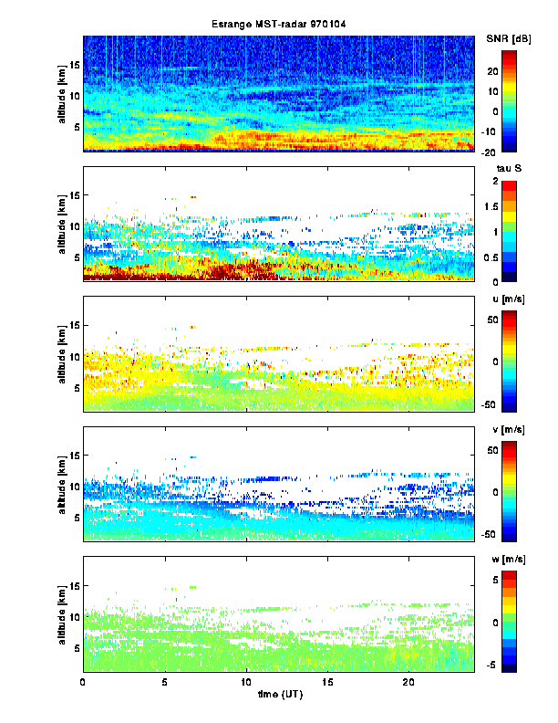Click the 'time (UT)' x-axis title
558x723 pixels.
tap(279, 695)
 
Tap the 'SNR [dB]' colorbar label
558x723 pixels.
tap(510, 37)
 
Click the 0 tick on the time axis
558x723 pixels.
tap(83, 681)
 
